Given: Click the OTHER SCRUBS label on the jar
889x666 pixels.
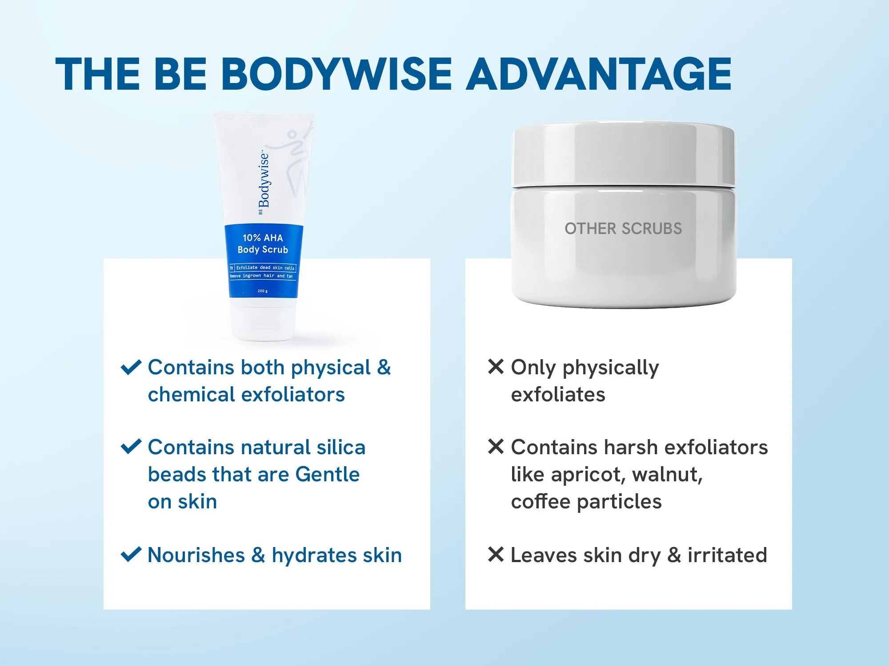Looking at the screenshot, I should pyautogui.click(x=623, y=229).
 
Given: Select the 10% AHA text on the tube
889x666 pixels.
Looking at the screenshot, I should pyautogui.click(x=263, y=238).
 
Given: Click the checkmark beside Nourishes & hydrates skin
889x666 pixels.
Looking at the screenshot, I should pyautogui.click(x=131, y=555).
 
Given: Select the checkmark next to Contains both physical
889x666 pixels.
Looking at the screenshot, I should pyautogui.click(x=131, y=367).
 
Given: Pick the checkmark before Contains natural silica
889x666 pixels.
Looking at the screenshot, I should pyautogui.click(x=131, y=447).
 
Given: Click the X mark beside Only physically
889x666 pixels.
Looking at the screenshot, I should pyautogui.click(x=496, y=367).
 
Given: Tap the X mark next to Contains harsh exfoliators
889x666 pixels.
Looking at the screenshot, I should pyautogui.click(x=496, y=446).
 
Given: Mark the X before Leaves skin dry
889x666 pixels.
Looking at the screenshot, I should pyautogui.click(x=496, y=554).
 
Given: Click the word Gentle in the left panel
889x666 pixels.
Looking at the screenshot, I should pyautogui.click(x=327, y=474).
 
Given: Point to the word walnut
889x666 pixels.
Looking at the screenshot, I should pyautogui.click(x=666, y=474).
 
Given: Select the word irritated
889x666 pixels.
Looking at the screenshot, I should pyautogui.click(x=727, y=555).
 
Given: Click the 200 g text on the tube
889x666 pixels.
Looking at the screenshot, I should pyautogui.click(x=263, y=291).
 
